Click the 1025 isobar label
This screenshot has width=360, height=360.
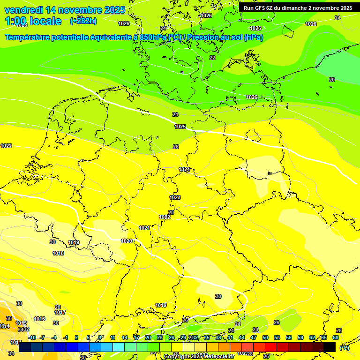click(x=180, y=127)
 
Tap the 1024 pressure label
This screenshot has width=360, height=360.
click(x=184, y=169)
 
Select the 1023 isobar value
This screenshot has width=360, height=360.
click(x=175, y=197)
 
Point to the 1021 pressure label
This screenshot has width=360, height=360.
click(x=144, y=228)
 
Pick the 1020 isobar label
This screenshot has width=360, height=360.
click(x=127, y=241)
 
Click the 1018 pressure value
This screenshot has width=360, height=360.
click(x=58, y=253)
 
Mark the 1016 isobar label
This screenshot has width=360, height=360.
click(x=39, y=319)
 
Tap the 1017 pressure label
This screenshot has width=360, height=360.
click(x=60, y=312)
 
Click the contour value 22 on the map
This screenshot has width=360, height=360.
click(x=212, y=58)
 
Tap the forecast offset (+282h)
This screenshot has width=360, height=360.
click(x=83, y=21)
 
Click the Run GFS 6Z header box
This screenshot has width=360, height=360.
click(x=298, y=8)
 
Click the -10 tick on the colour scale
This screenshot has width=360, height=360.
click(x=32, y=337)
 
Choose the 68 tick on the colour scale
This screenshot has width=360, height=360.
click(x=336, y=337)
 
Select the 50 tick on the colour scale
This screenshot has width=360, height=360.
click(x=265, y=337)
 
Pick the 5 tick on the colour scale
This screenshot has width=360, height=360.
click(x=89, y=337)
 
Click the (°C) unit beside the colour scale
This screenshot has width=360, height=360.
click(x=345, y=348)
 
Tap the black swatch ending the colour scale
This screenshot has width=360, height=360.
click(x=330, y=347)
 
